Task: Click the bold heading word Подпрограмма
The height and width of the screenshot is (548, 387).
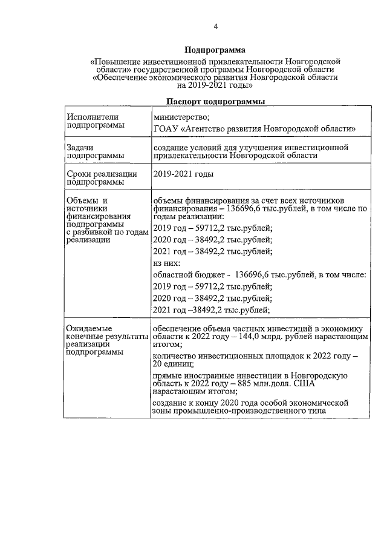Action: coord(215,50)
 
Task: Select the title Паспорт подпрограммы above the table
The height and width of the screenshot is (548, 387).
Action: coord(215,102)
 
